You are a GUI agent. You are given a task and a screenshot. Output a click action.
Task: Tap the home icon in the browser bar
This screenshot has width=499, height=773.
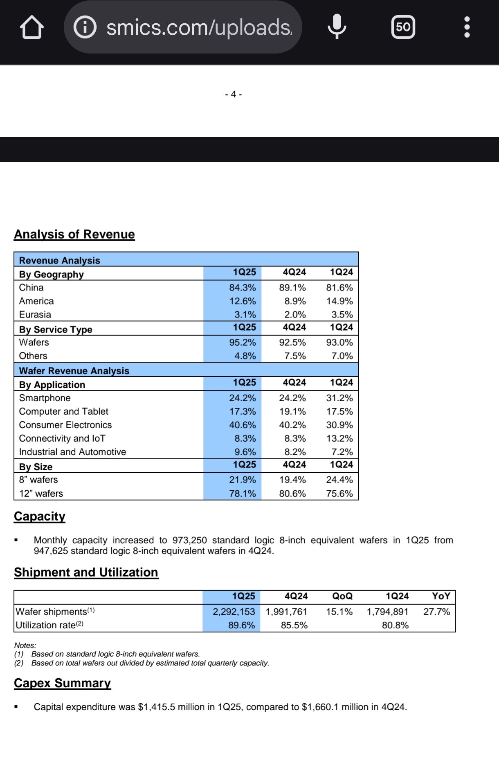pos(32,27)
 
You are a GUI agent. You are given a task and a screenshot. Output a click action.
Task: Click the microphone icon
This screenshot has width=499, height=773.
pos(337,27)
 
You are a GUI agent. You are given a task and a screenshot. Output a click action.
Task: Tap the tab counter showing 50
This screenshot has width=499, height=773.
pos(403,27)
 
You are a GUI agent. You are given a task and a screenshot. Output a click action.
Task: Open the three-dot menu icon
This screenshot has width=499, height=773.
pos(467,27)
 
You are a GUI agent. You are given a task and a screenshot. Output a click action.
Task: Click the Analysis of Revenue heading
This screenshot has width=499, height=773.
pos(74,234)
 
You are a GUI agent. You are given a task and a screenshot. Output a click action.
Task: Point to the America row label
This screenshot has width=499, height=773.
pos(36,301)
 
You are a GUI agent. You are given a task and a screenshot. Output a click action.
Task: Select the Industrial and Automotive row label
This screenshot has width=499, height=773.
pos(72,452)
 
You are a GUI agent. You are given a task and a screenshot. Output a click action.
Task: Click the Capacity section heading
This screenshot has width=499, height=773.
pos(40,516)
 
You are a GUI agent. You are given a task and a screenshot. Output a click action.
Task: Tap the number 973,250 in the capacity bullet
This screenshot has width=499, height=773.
pos(189,540)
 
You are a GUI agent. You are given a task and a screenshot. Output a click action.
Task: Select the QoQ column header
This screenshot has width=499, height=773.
pos(342,596)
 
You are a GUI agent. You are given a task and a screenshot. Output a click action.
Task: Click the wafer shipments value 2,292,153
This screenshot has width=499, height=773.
pos(234,612)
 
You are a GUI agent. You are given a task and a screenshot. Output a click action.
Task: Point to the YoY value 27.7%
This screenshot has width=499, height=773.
pos(436,612)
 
